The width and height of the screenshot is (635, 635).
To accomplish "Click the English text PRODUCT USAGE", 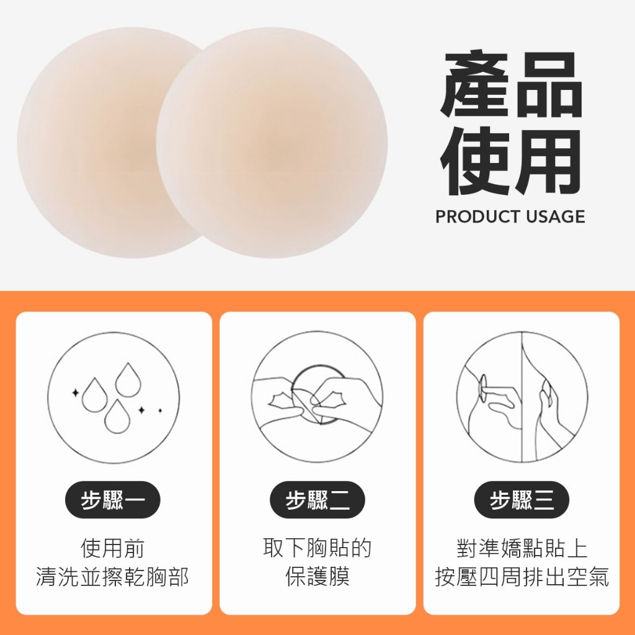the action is (x=510, y=216).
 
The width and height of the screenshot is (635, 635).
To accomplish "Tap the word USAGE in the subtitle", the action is (x=555, y=216).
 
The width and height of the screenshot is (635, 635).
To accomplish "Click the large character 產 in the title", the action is (x=475, y=84).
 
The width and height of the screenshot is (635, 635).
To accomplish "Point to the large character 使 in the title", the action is (x=475, y=161).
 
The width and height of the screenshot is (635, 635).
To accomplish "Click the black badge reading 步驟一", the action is (x=113, y=500).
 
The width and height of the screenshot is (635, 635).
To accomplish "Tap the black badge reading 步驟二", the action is (x=317, y=500).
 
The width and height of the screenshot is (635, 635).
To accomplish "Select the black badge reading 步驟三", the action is (x=522, y=500).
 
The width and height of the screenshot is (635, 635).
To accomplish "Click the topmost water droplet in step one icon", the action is (x=128, y=380).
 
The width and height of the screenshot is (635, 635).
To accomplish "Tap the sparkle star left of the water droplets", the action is (x=75, y=393).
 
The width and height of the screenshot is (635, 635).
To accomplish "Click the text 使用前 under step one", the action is (x=113, y=548).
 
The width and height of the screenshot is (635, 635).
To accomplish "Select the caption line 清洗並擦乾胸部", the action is (x=113, y=577).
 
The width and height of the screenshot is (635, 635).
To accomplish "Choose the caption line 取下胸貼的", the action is (x=317, y=548).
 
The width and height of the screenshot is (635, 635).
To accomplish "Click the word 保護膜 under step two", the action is (x=317, y=577).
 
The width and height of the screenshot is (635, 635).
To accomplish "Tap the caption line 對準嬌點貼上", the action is (x=522, y=548).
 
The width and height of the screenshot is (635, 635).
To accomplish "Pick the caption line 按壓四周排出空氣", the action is (x=522, y=577).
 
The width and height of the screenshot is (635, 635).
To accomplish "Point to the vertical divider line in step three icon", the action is (x=522, y=397).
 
